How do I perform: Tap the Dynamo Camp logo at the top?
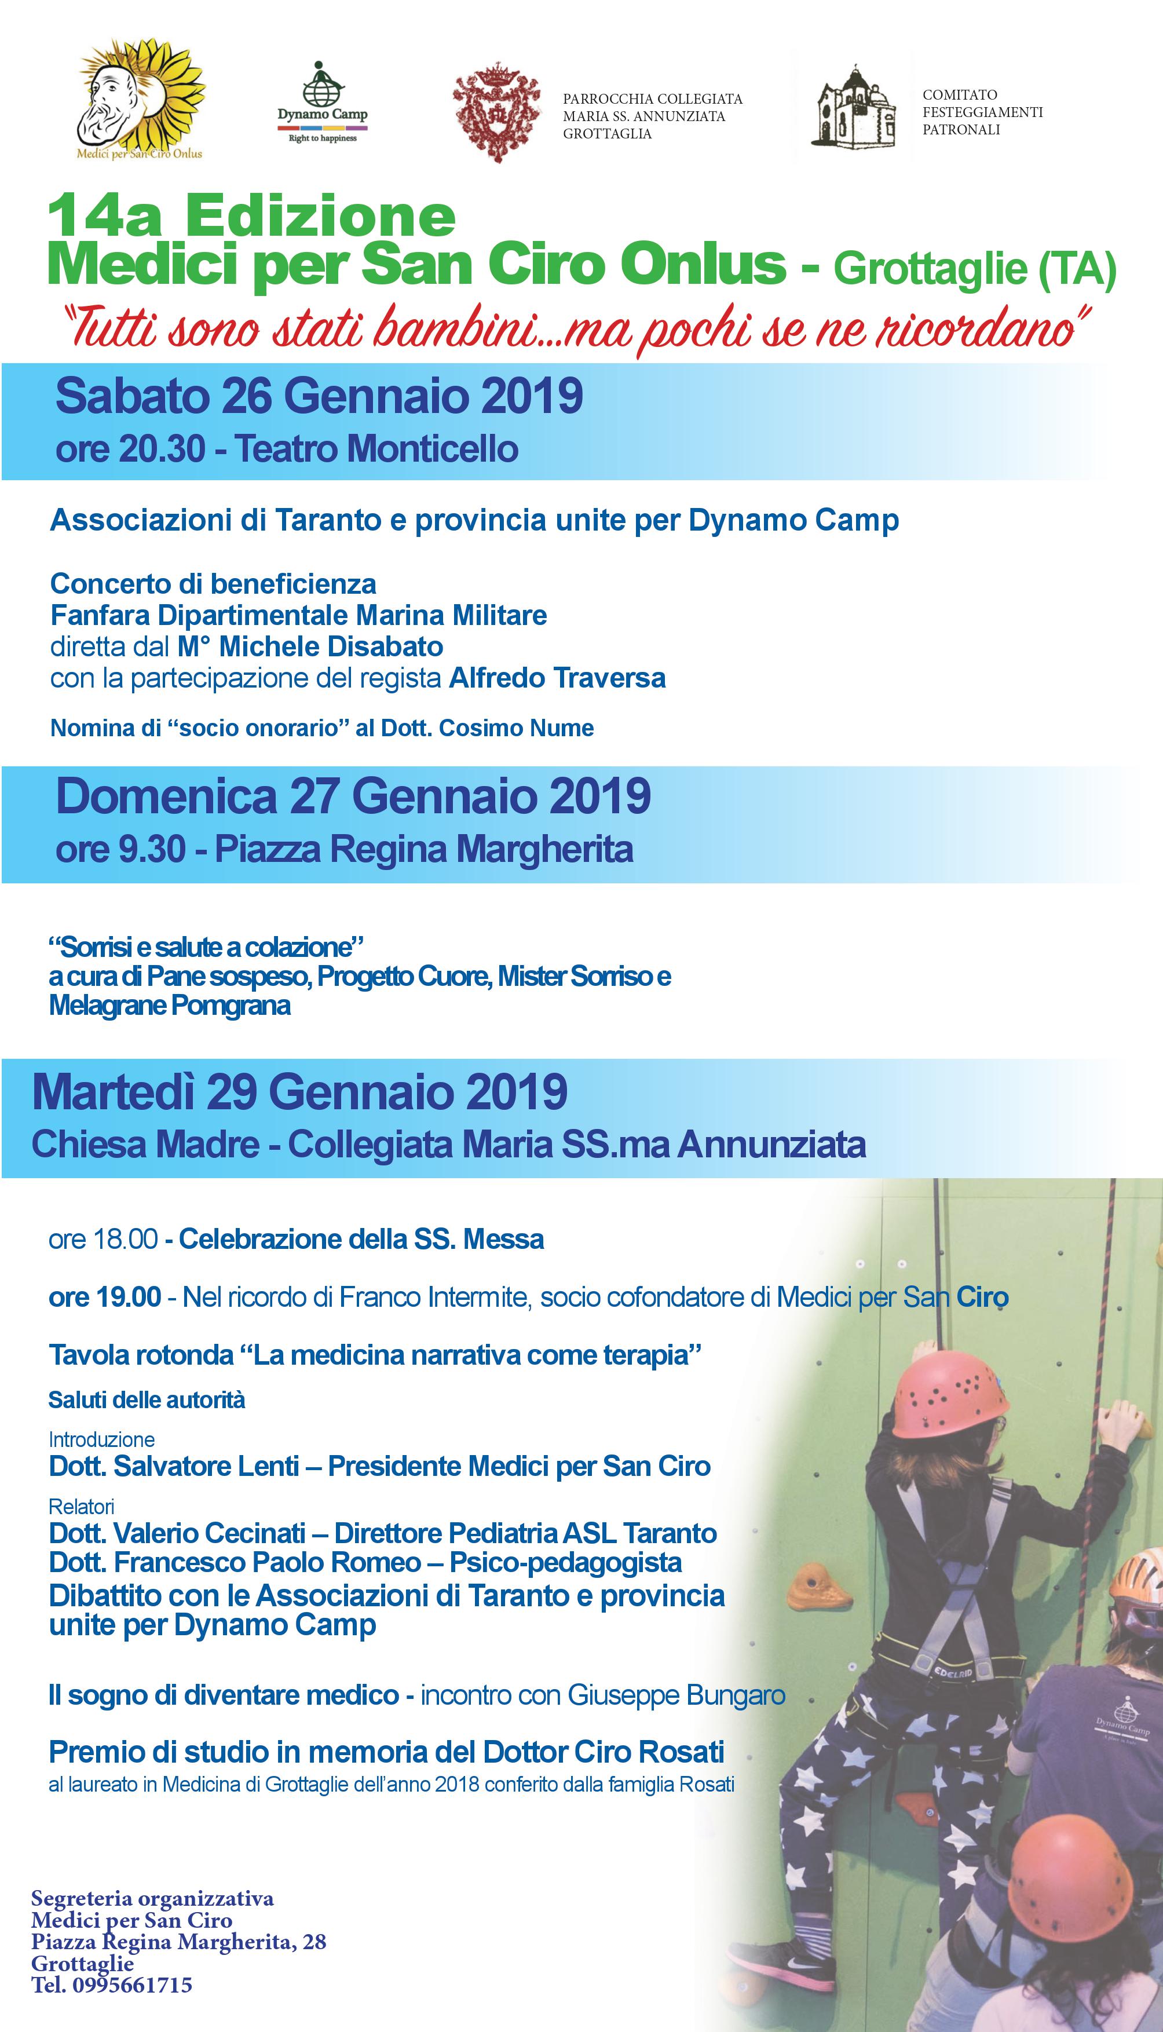coord(323,103)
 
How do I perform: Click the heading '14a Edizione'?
coord(251,217)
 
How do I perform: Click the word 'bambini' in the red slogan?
coord(459,330)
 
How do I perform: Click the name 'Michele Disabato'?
coord(331,646)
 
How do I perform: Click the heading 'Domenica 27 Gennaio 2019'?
coord(353,796)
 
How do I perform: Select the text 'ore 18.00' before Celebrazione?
coord(103,1239)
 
